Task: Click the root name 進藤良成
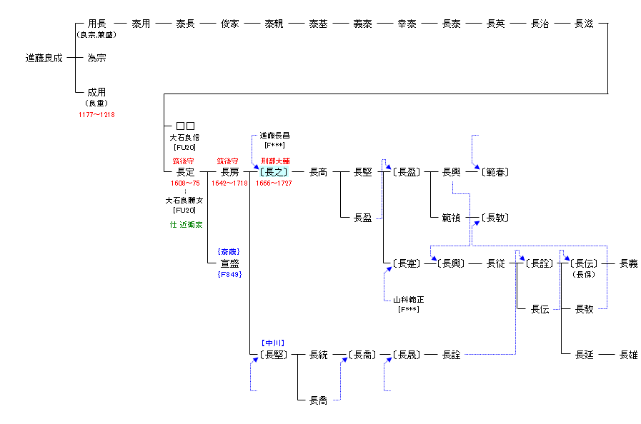click(x=44, y=58)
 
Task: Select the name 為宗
click(x=96, y=58)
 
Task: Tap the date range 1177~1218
click(x=96, y=115)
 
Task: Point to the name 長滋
click(x=584, y=24)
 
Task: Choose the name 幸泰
click(x=407, y=24)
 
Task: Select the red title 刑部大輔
click(x=275, y=161)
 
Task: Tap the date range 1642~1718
click(x=229, y=183)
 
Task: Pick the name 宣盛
click(x=229, y=263)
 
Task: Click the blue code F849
click(x=229, y=274)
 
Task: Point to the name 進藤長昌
click(x=275, y=136)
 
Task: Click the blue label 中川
click(x=273, y=343)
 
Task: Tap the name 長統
click(x=318, y=355)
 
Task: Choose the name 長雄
click(x=628, y=355)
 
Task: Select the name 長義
click(x=628, y=263)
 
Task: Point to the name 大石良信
click(x=184, y=138)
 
